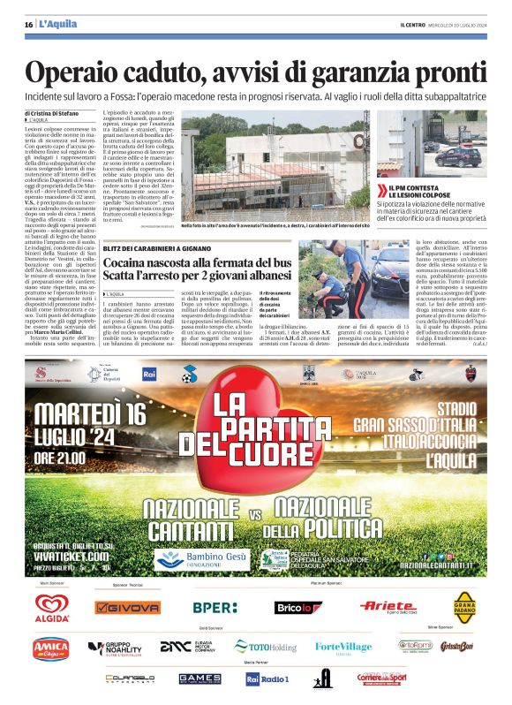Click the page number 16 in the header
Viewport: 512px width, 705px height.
point(28,24)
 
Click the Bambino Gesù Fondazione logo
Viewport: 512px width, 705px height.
point(194,558)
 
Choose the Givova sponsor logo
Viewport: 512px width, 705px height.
point(127,607)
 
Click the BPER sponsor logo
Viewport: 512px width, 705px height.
point(215,607)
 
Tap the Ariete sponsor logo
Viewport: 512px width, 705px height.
point(387,606)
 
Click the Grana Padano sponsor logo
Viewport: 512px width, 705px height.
point(464,607)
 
